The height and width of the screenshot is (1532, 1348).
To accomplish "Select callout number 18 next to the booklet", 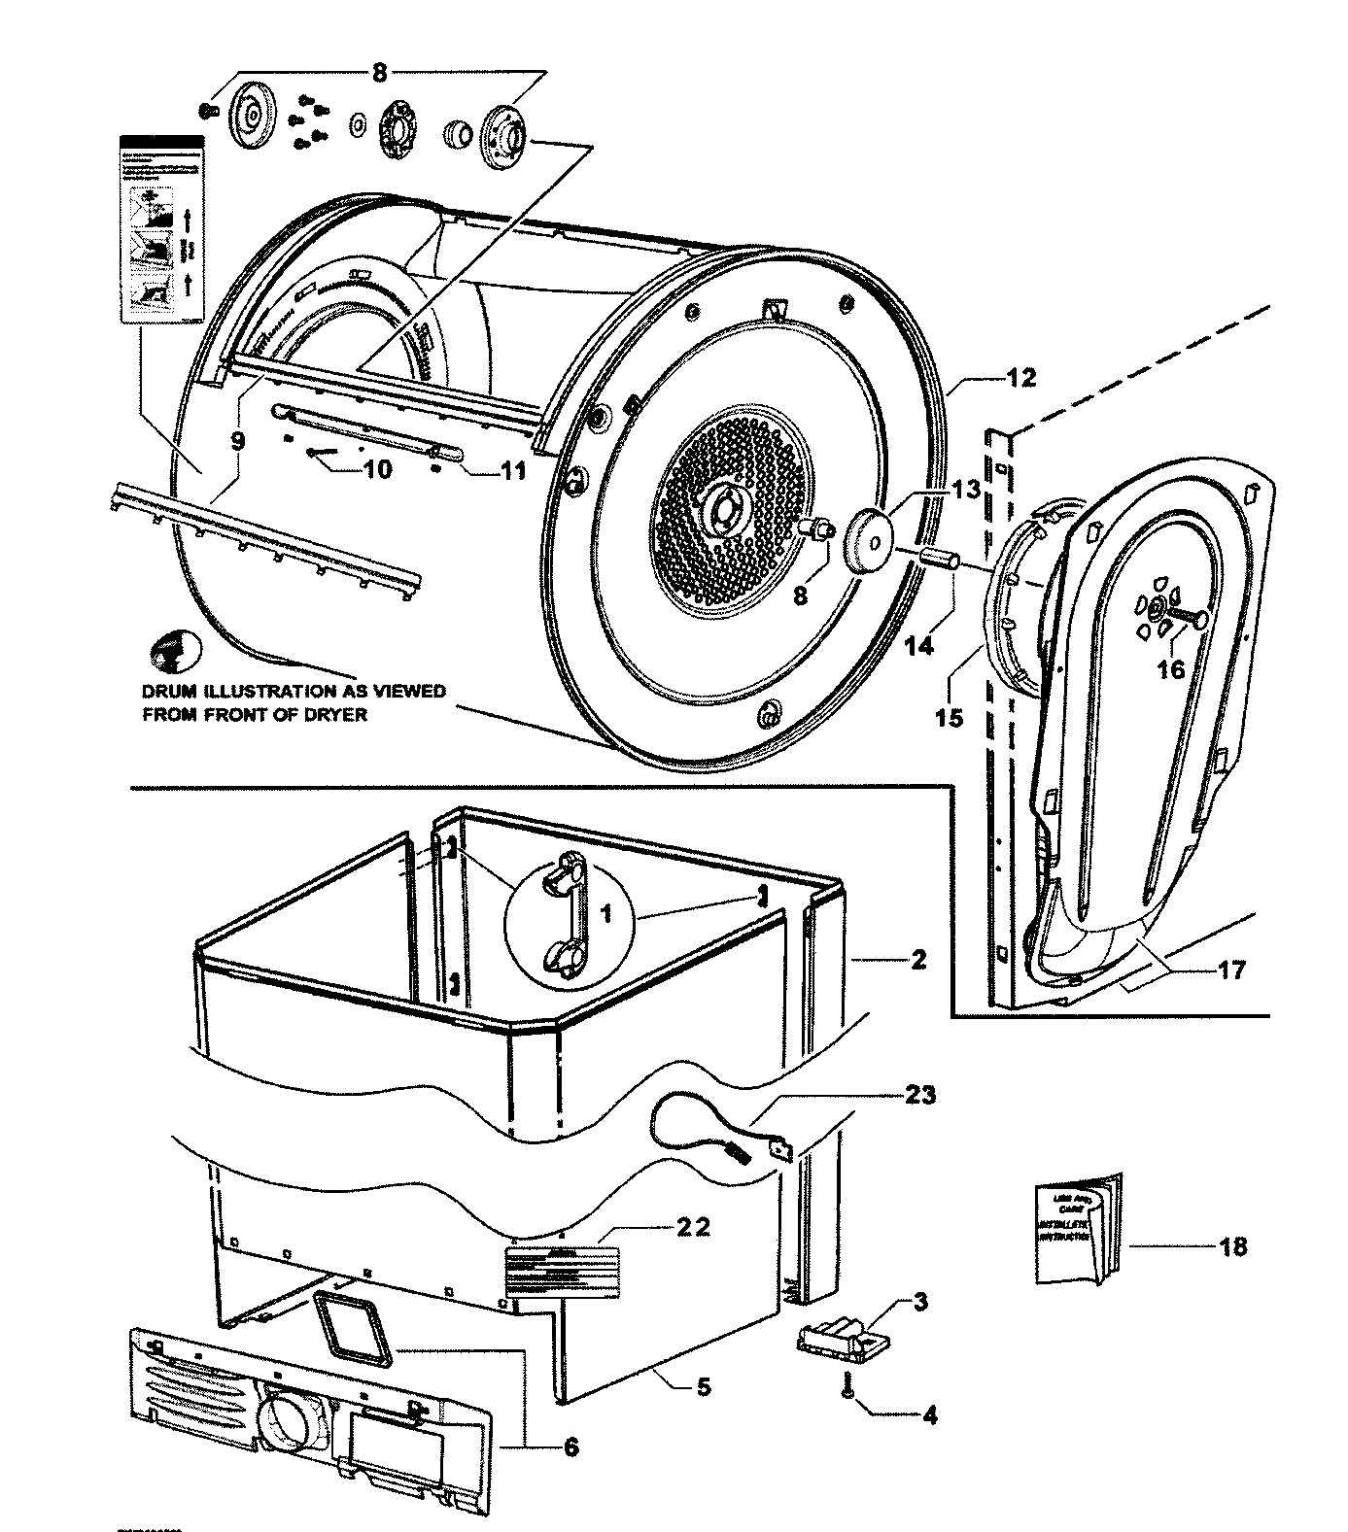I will [x=1232, y=1245].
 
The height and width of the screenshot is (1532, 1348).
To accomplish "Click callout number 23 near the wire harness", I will [x=919, y=1096].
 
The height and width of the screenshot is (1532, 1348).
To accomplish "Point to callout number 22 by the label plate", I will [x=693, y=1228].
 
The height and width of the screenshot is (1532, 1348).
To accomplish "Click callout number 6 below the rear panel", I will [x=570, y=1447].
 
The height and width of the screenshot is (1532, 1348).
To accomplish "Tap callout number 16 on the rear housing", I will [x=1171, y=669].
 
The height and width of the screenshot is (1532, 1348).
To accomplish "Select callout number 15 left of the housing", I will [x=949, y=718].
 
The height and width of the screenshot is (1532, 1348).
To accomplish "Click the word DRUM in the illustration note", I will [x=168, y=692].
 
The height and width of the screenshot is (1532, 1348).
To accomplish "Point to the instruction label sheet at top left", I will [x=163, y=229].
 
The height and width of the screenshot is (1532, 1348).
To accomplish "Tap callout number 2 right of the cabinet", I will [x=918, y=960].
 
